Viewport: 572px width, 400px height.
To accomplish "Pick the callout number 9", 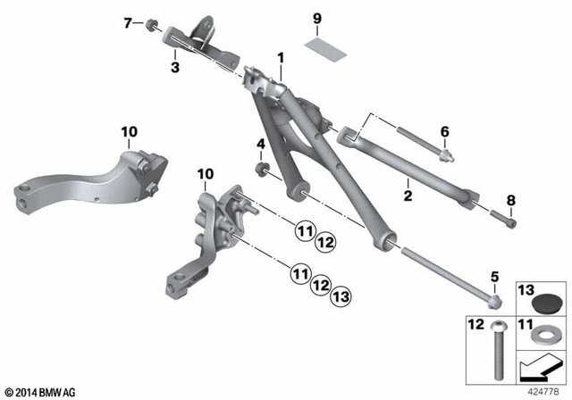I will click(x=315, y=19).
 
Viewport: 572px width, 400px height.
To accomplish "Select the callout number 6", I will click(x=444, y=131).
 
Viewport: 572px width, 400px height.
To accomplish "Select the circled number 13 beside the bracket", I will click(x=341, y=296).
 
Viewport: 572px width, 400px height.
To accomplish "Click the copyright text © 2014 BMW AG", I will click(x=41, y=390).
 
